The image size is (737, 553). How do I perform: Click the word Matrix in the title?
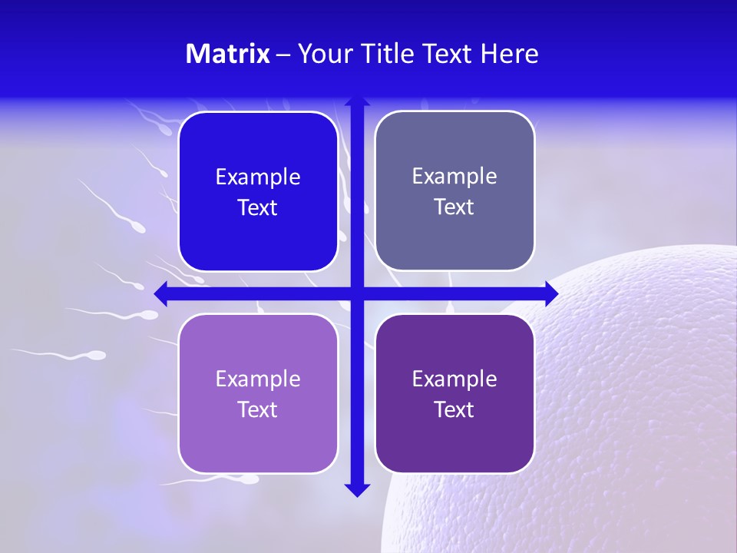[x=227, y=54]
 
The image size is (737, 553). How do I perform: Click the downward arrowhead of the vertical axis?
[x=356, y=490]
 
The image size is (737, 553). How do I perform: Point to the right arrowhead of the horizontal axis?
[x=551, y=293]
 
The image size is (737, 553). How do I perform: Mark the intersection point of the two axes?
[x=356, y=293]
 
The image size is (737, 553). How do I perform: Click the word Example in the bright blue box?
[x=258, y=177]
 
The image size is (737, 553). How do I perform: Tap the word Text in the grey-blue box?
[x=454, y=207]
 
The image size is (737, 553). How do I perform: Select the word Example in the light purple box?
[x=258, y=379]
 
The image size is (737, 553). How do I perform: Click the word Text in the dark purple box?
[x=454, y=409]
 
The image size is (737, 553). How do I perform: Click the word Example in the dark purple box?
[x=454, y=379]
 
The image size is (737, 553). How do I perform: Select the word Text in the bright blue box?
[x=258, y=208]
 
